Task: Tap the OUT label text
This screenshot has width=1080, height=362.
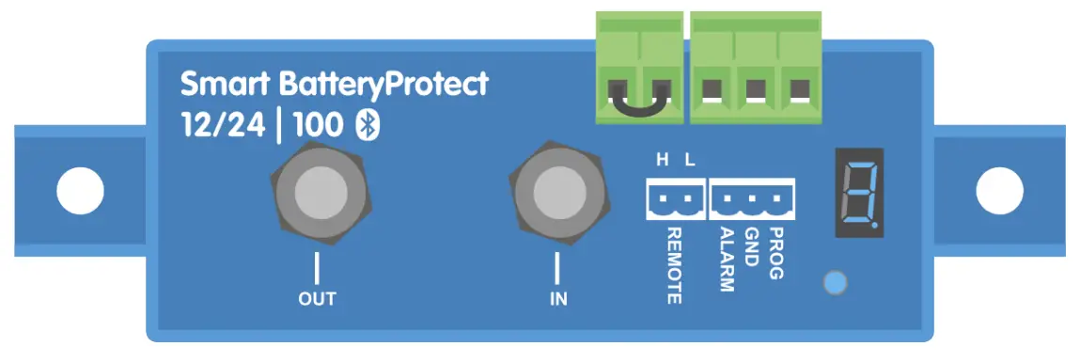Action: [317, 300]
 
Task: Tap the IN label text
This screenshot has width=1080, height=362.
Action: [557, 300]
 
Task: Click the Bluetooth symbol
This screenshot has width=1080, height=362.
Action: [366, 127]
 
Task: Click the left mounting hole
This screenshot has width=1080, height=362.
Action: [80, 192]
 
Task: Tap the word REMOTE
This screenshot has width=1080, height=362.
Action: [674, 264]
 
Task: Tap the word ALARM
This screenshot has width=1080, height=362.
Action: [726, 258]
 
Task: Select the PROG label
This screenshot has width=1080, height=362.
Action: [775, 253]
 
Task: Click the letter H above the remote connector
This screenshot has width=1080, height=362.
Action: [662, 160]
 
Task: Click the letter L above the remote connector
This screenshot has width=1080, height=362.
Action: [690, 160]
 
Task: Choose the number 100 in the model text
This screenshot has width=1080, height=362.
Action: [318, 127]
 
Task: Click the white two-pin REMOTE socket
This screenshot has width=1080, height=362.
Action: [674, 198]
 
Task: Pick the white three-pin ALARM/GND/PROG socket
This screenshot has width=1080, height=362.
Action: [752, 198]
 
